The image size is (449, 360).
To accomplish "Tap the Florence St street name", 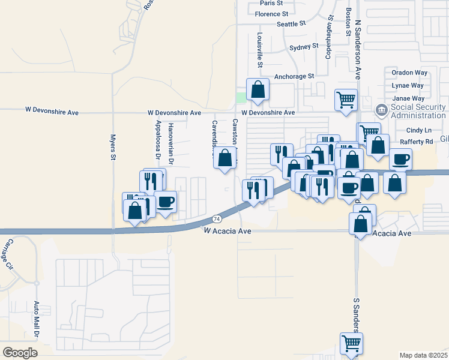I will coord(271,14).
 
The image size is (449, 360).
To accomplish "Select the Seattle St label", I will coord(291,24).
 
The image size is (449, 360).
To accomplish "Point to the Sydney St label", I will coord(303,46).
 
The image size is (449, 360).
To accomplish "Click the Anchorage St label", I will coord(294,77).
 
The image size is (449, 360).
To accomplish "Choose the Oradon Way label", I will coord(409,73).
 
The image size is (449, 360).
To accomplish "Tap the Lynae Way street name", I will coord(408,86).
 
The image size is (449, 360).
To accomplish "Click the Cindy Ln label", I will coord(418,130).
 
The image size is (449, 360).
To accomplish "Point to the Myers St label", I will coord(112,148).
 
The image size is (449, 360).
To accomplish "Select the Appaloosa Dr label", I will coord(158,139).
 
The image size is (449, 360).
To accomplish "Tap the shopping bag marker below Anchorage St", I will coord(258,90).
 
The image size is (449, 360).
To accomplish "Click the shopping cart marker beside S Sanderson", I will coord(352,343).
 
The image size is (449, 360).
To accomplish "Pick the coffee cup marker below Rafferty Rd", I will coord(400,159).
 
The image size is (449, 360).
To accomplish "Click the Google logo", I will coord(20,353).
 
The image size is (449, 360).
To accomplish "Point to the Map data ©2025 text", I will coord(423,355).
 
